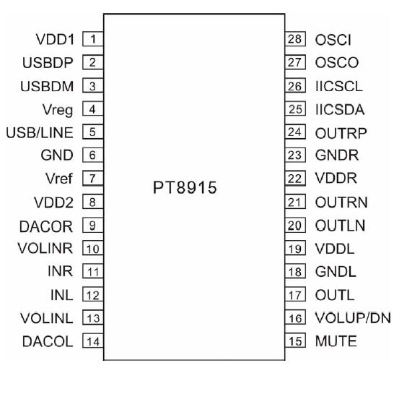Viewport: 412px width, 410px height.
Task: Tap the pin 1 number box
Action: (x=92, y=39)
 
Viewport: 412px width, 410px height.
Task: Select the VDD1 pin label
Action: (x=54, y=39)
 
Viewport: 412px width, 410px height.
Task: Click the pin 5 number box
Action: (x=92, y=132)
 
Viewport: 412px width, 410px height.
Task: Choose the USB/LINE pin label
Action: (x=40, y=132)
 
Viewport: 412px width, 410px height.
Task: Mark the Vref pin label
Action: (x=58, y=179)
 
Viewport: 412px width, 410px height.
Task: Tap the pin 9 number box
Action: (x=92, y=226)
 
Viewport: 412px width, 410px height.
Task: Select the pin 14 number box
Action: (x=92, y=341)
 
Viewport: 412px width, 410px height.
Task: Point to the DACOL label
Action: (x=48, y=341)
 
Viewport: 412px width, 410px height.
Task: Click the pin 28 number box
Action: (x=294, y=39)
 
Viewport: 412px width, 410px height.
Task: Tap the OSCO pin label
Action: (x=337, y=63)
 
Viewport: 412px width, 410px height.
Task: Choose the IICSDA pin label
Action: (x=340, y=110)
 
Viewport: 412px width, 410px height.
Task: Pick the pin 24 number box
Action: (x=294, y=132)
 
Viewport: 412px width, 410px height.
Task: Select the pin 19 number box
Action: (x=294, y=249)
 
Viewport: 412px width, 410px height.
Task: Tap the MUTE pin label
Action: (x=336, y=341)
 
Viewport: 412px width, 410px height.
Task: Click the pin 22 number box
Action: (x=294, y=179)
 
